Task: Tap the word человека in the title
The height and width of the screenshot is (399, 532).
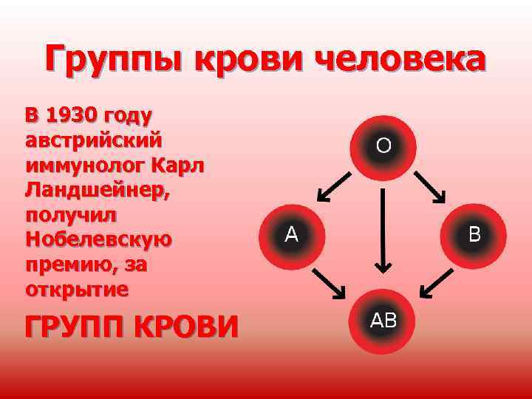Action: pyautogui.click(x=402, y=58)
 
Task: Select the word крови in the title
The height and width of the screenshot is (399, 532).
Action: pyautogui.click(x=250, y=58)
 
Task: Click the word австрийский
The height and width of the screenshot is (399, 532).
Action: pyautogui.click(x=94, y=140)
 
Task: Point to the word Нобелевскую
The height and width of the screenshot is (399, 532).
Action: pyautogui.click(x=98, y=239)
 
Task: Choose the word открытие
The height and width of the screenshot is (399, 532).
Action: pyautogui.click(x=75, y=289)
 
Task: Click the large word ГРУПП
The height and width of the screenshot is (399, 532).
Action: pyautogui.click(x=71, y=326)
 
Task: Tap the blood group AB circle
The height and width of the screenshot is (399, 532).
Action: pyautogui.click(x=383, y=321)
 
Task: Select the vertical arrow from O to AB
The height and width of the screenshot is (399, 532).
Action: pyautogui.click(x=383, y=229)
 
